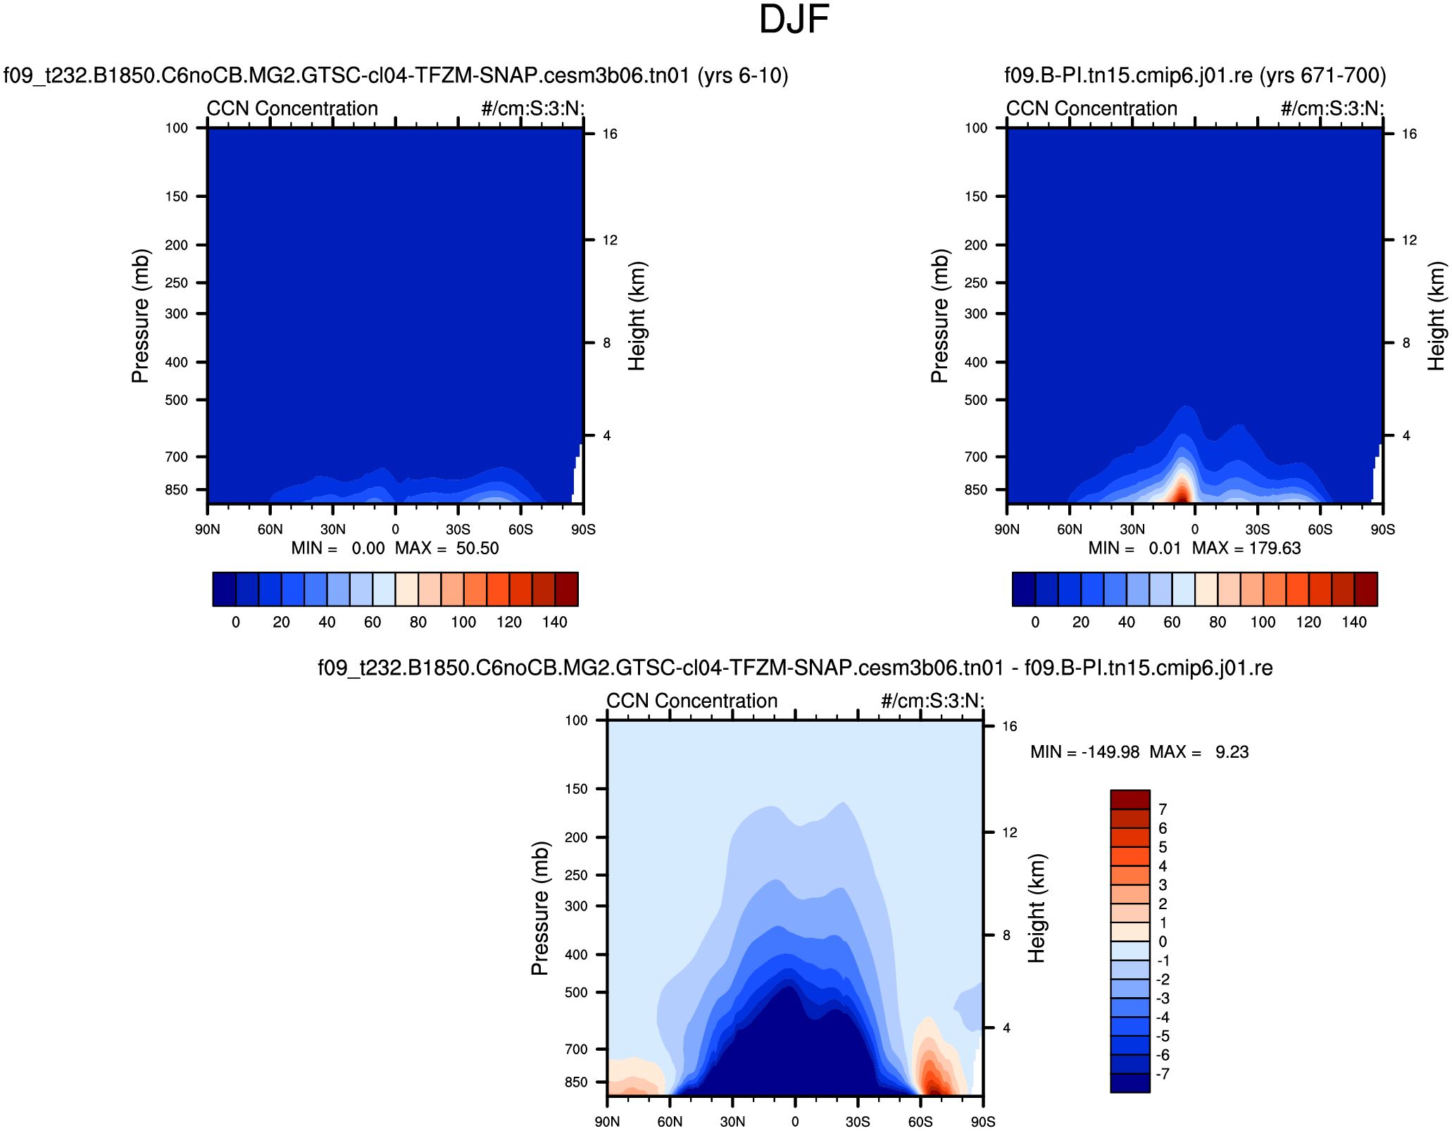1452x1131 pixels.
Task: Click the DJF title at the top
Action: pyautogui.click(x=794, y=20)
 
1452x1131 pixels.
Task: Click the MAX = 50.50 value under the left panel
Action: pyautogui.click(x=447, y=549)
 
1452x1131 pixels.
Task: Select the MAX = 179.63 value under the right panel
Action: pyautogui.click(x=1246, y=549)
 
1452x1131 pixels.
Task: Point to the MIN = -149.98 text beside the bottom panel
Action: pyautogui.click(x=1084, y=752)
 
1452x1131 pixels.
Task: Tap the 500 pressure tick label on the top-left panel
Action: pyautogui.click(x=176, y=400)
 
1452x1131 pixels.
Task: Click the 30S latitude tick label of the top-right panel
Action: pyautogui.click(x=1257, y=530)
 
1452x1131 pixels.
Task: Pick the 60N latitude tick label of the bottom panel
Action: pyautogui.click(x=670, y=1122)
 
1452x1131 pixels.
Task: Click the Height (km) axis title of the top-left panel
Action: pyautogui.click(x=637, y=316)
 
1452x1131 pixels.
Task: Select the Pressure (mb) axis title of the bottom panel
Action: pyautogui.click(x=539, y=908)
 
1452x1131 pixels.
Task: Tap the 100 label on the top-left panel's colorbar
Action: pyautogui.click(x=463, y=623)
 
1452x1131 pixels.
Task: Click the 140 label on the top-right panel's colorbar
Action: pyautogui.click(x=1353, y=623)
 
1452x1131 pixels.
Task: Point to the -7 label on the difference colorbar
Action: pyautogui.click(x=1163, y=1074)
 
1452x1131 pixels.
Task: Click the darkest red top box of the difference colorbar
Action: pyautogui.click(x=1130, y=799)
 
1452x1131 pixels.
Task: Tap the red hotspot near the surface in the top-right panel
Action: pyautogui.click(x=1182, y=492)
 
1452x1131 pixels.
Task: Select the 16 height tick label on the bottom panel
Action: pyautogui.click(x=1009, y=727)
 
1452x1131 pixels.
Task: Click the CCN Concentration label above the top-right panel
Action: pyautogui.click(x=1091, y=108)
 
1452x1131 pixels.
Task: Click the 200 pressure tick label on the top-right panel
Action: pyautogui.click(x=976, y=245)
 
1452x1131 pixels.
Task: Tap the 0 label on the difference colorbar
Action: pyautogui.click(x=1163, y=942)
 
